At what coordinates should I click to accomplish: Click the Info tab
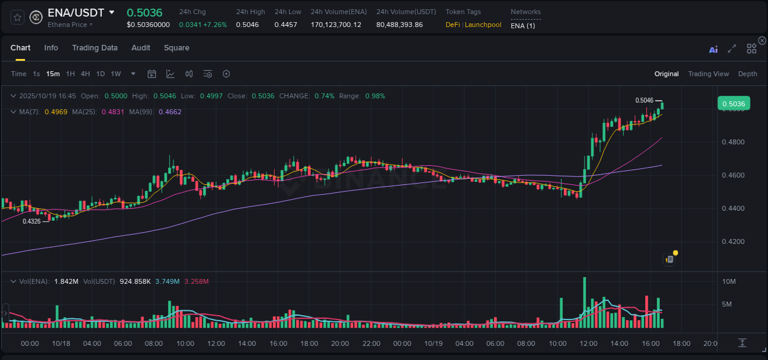tap(51, 48)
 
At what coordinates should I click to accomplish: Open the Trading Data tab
tap(95, 48)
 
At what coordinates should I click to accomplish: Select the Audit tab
tap(141, 48)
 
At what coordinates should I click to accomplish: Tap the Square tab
tap(176, 48)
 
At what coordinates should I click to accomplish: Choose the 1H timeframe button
tap(70, 74)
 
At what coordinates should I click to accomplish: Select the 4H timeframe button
tap(85, 74)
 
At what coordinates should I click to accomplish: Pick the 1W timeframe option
tap(116, 74)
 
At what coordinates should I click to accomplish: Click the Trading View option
tap(708, 74)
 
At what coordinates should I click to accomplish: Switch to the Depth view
tap(748, 74)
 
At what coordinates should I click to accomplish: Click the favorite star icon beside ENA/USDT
tap(17, 17)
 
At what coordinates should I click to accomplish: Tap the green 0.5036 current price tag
tap(734, 104)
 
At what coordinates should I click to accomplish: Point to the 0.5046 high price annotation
tap(645, 100)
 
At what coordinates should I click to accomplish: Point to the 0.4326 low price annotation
tap(31, 221)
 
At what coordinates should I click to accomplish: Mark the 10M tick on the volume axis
tap(729, 281)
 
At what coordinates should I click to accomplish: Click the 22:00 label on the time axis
tap(371, 343)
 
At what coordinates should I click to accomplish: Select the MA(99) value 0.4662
tap(170, 112)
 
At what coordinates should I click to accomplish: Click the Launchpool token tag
tap(483, 25)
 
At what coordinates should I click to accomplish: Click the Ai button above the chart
tap(713, 50)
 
